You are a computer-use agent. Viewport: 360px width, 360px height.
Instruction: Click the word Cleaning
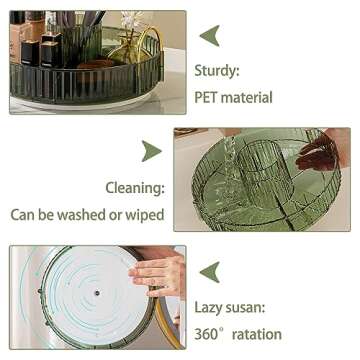(x=135, y=187)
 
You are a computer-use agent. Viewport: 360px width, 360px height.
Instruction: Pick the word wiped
(x=144, y=214)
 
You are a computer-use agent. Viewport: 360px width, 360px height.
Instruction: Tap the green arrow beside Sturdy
(x=209, y=35)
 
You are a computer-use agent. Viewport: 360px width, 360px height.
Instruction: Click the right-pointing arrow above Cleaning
(x=150, y=151)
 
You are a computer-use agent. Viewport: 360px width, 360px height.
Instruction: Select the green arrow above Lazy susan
(x=209, y=271)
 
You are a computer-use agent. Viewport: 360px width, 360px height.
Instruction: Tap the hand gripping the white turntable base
(x=160, y=275)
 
